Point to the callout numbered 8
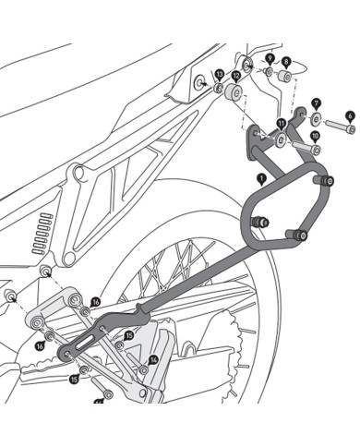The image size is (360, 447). point(285,61)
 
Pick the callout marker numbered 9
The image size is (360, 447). point(269,57)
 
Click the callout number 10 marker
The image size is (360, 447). point(315,136)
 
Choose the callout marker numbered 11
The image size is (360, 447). point(281,123)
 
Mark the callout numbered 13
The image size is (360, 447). point(219,73)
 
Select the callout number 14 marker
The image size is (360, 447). point(154,359)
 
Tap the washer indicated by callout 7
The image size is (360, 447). point(317,119)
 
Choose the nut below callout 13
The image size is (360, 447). point(218,89)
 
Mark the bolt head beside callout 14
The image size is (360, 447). point(143,368)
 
